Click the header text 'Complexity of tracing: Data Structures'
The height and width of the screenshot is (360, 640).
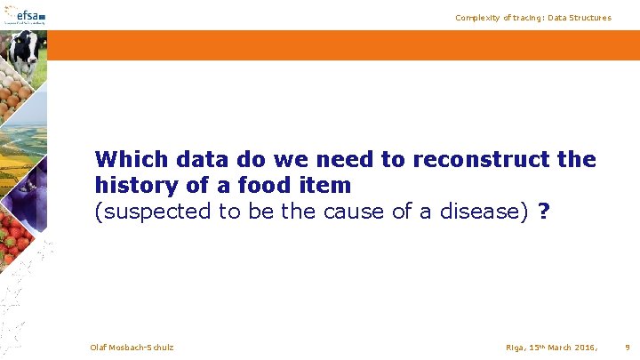click(x=533, y=18)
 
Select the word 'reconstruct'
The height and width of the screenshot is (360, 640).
click(x=468, y=160)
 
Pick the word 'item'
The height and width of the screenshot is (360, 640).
click(x=330, y=187)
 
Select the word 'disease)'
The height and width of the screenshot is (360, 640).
click(x=485, y=212)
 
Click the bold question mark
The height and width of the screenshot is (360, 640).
click(x=544, y=212)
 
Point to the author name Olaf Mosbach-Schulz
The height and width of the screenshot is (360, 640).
click(x=132, y=347)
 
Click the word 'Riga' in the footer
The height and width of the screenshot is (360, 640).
click(x=492, y=347)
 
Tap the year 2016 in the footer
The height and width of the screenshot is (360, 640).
click(x=584, y=347)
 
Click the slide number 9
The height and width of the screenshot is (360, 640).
click(x=628, y=347)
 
